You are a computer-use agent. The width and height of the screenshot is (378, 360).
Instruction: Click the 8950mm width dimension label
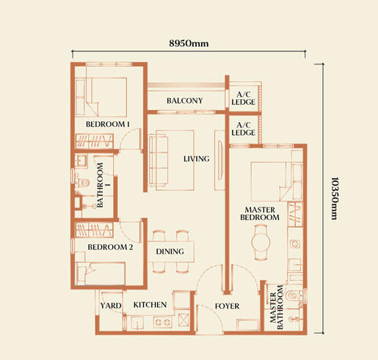coord(189,43)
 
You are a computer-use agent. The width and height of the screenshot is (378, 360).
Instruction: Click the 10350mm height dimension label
coord(334,198)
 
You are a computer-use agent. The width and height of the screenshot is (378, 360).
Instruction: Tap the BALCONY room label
coord(185,100)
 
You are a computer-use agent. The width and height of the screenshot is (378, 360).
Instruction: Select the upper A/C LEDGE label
coord(243,98)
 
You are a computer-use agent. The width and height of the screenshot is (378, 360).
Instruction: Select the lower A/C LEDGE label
coord(243,129)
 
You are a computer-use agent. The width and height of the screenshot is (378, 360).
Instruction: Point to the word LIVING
coord(197,159)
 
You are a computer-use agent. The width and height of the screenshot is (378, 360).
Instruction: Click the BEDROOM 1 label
coord(108,124)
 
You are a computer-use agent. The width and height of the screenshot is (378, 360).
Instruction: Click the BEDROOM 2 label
coord(110,247)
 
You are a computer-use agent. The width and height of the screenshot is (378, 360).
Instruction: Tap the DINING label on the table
coord(170,251)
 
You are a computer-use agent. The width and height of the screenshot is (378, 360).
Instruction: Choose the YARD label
coord(111,306)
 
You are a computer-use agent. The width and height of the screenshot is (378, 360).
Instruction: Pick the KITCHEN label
coord(150,304)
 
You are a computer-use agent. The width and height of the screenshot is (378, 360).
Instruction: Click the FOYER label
coord(227,306)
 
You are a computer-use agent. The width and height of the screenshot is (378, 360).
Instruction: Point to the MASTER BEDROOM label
coord(260,213)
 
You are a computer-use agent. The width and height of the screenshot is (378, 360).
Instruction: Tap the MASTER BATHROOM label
coord(277,307)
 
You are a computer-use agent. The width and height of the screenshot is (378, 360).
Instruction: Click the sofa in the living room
coord(159,160)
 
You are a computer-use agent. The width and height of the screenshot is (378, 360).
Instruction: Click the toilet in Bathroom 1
coord(82,183)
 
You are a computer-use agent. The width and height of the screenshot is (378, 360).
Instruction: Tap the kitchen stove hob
coord(162,323)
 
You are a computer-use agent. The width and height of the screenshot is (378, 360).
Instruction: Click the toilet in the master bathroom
coord(295,296)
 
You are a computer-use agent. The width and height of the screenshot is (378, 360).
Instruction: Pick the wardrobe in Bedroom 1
coord(94,141)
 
